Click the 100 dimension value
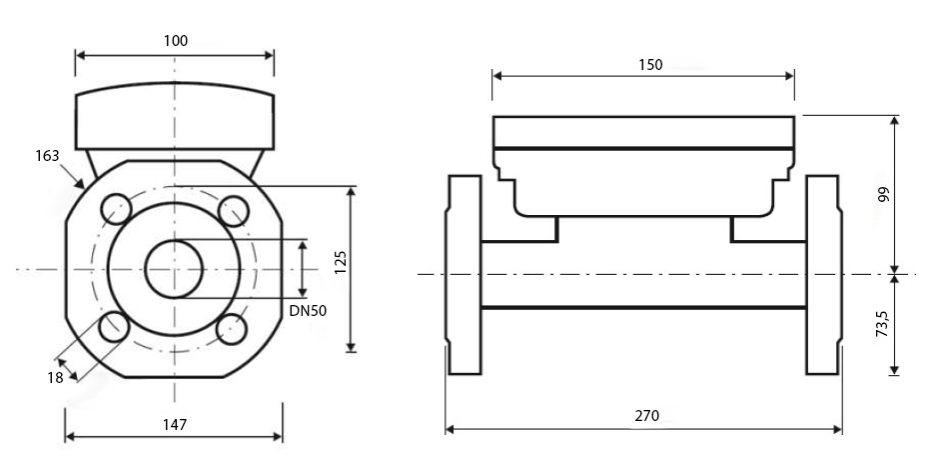pos(176,40)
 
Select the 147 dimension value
pos(175,424)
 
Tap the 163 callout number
pos(47,156)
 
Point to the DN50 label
pos(308,310)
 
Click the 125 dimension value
pos(341,263)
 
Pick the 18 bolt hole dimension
pos(55,378)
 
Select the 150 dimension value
pos(650,65)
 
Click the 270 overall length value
pos(647,415)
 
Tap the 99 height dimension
pos(884,194)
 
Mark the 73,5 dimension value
pos(882,324)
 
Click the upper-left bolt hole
pos(116,210)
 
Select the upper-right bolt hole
pos(234,211)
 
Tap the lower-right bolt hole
pos(232,329)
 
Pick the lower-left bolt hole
pos(114,327)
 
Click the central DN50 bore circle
pos(175,269)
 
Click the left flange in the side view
pos(465,275)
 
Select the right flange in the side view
pos(823,275)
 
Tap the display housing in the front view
pos(175,116)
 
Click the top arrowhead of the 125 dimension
pos(352,192)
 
